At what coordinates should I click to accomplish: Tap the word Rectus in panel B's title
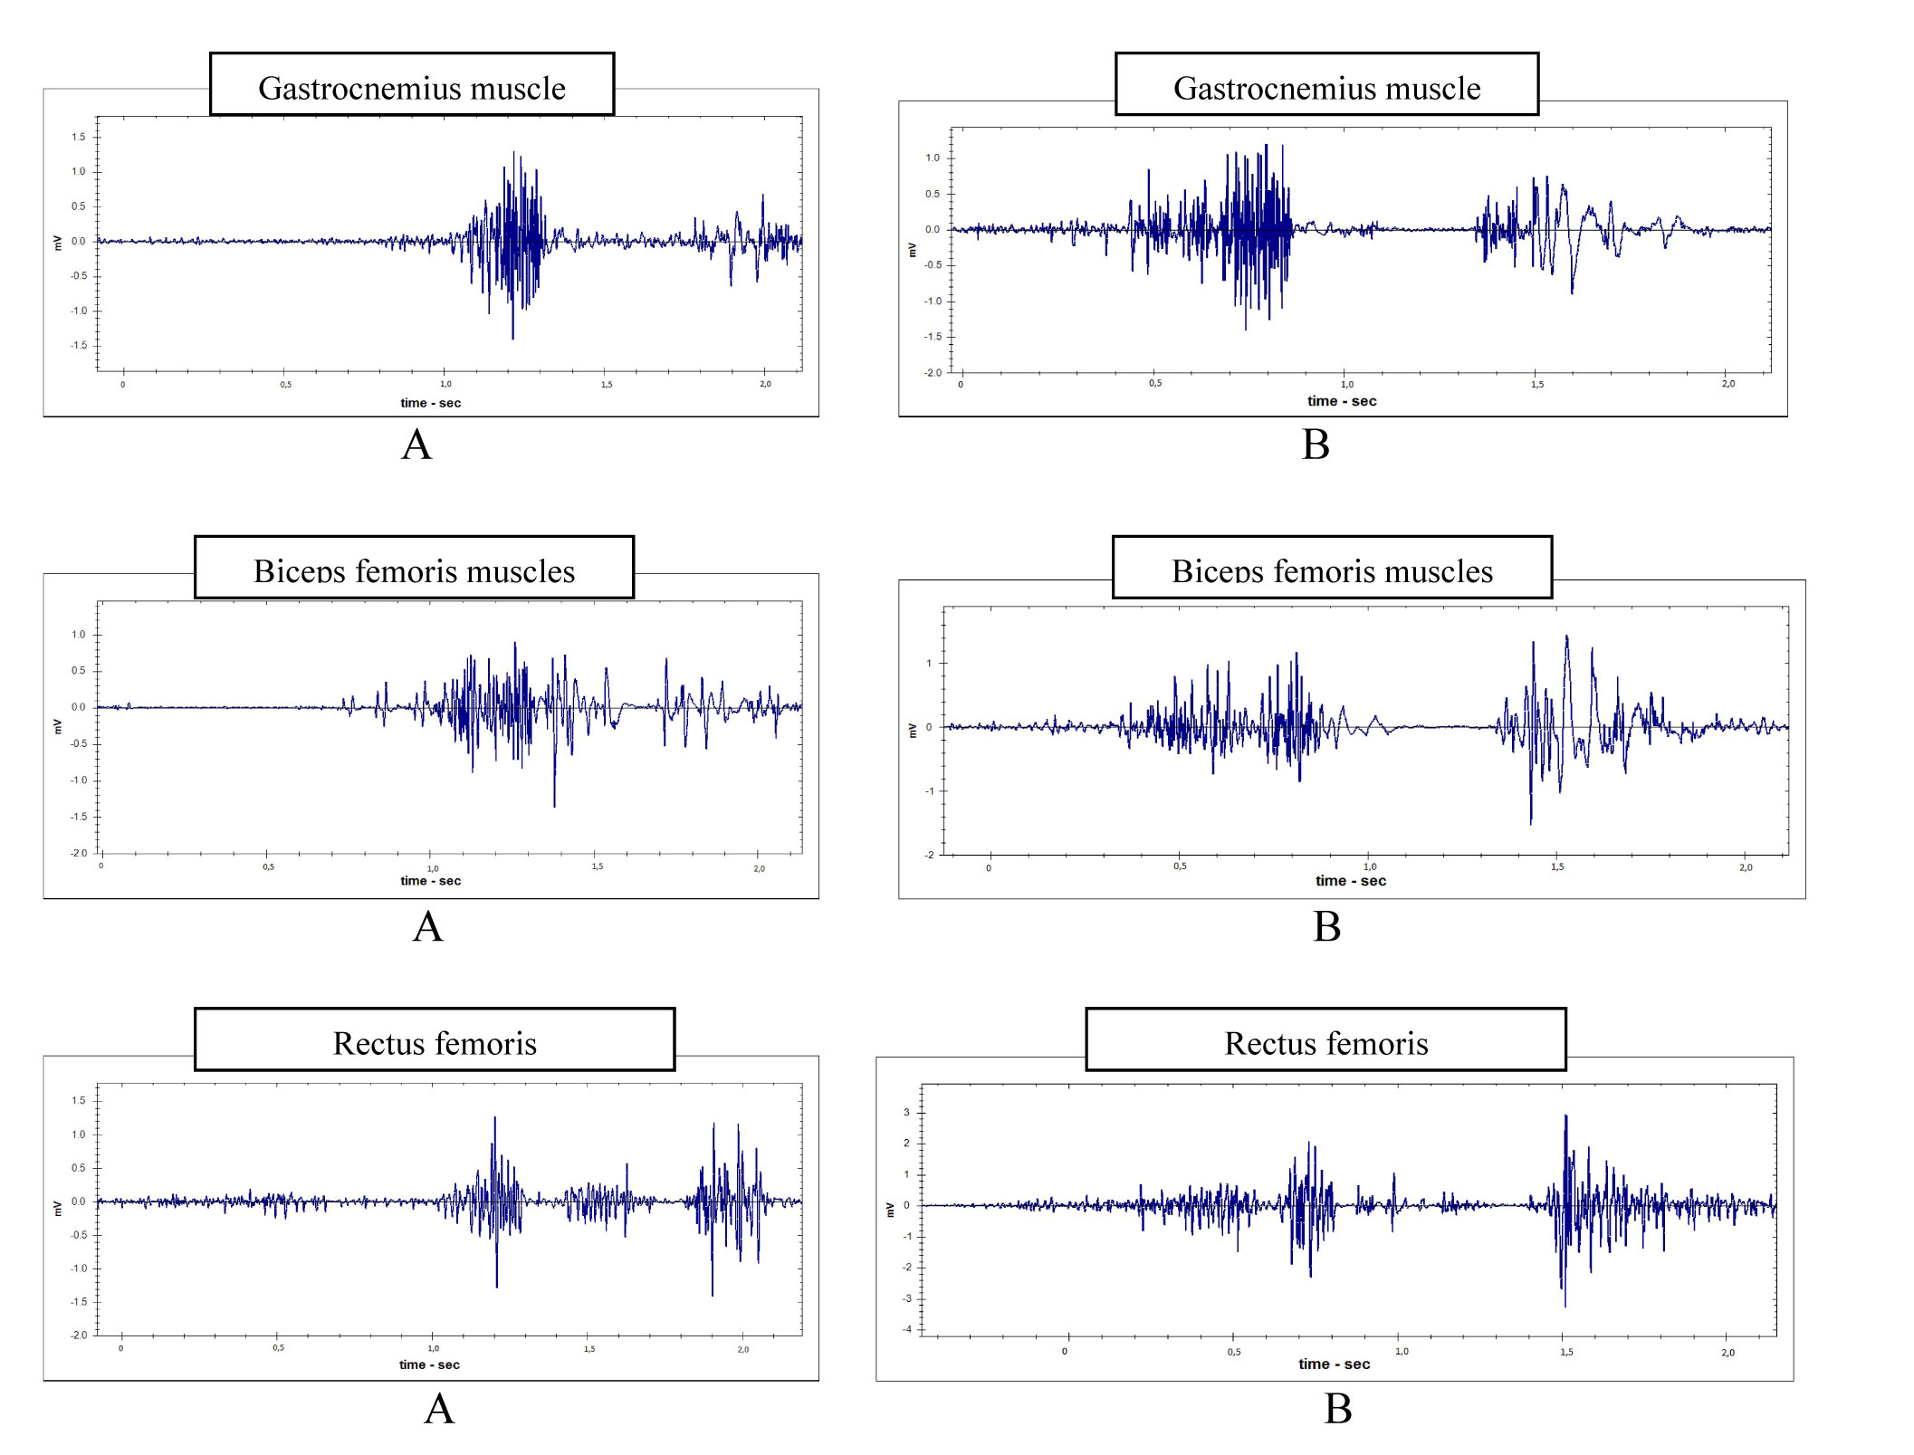[1268, 1044]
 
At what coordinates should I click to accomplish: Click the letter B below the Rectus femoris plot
[1337, 1409]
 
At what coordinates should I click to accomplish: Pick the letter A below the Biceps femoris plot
[427, 926]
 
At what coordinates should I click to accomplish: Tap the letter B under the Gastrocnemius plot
[1316, 445]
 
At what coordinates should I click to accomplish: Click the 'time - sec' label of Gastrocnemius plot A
[431, 403]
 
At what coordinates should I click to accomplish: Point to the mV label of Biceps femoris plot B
[913, 731]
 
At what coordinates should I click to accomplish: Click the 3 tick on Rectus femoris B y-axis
[906, 1113]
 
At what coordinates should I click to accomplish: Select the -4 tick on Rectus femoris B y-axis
[906, 1329]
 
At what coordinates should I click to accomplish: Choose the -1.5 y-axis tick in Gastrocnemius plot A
[79, 345]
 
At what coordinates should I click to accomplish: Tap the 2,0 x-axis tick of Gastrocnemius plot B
[1727, 384]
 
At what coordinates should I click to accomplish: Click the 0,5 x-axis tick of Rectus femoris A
[278, 1348]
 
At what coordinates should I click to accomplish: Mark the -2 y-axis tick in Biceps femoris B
[929, 855]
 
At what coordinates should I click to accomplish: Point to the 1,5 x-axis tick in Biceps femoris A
[598, 866]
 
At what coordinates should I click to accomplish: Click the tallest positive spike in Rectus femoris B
[1565, 1116]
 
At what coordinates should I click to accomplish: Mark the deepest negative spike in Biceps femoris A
[554, 805]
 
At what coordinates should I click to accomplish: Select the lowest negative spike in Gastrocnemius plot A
[512, 338]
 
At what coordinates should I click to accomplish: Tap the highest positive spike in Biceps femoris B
[1566, 637]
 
